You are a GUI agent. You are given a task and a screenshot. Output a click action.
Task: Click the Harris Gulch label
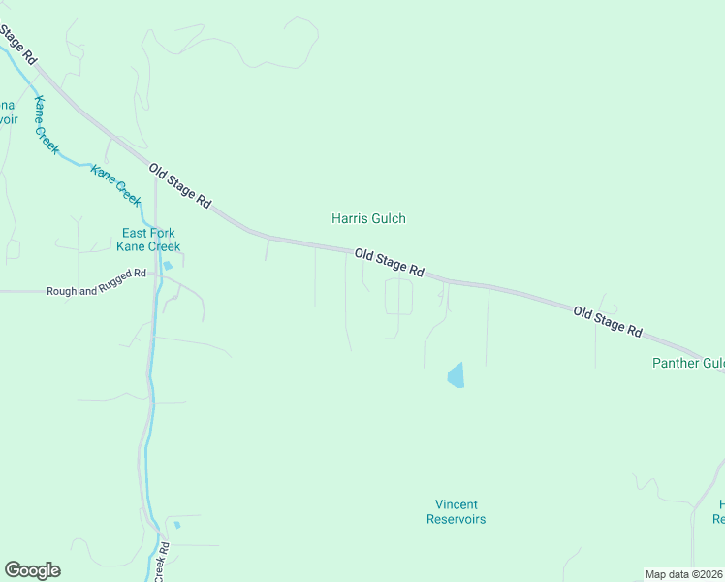click(x=368, y=219)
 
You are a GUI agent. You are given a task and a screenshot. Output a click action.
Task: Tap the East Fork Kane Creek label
click(x=148, y=240)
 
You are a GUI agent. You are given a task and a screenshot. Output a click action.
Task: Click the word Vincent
click(x=456, y=504)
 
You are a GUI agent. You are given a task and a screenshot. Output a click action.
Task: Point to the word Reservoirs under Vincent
click(x=456, y=519)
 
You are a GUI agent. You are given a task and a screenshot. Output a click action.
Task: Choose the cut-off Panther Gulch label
click(x=687, y=364)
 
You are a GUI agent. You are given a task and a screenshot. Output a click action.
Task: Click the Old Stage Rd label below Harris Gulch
click(x=390, y=262)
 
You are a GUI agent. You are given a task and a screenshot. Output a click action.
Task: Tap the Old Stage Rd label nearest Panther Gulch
click(x=608, y=321)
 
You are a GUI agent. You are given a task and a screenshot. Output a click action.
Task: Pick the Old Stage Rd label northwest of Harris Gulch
click(x=180, y=186)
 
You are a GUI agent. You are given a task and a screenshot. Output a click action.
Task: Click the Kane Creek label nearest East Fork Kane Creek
click(x=116, y=183)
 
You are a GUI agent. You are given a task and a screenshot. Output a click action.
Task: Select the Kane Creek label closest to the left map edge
click(x=46, y=125)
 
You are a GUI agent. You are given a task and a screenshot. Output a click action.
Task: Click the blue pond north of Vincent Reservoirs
click(x=456, y=375)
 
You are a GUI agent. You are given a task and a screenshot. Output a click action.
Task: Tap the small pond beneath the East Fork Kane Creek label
click(x=169, y=265)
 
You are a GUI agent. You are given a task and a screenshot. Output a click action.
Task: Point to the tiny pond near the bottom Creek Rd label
click(x=177, y=525)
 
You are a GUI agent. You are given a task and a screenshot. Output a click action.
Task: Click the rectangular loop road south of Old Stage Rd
click(x=398, y=297)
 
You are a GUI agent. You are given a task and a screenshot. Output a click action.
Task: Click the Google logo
click(x=32, y=570)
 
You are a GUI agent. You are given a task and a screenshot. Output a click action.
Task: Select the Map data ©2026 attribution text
click(x=683, y=574)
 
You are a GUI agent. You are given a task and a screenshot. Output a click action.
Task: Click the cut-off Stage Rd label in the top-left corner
click(x=17, y=43)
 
